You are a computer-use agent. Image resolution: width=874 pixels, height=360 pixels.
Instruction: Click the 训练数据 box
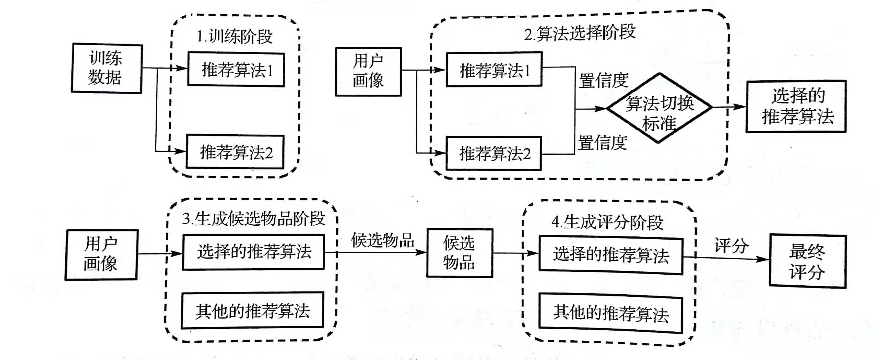click(107, 68)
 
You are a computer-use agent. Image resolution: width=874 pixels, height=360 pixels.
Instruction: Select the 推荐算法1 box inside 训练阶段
click(236, 70)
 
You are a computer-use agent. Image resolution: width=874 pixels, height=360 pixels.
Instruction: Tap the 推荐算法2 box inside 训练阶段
click(235, 152)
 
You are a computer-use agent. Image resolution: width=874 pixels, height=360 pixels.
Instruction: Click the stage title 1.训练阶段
click(235, 37)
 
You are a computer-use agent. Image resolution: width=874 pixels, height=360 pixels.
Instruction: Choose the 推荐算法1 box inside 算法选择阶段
click(494, 70)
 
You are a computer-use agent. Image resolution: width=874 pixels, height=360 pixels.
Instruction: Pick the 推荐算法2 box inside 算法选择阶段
click(494, 154)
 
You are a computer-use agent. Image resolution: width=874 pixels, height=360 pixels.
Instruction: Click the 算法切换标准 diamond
click(659, 108)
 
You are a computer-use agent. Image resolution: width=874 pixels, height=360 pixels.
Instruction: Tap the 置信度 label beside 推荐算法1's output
click(603, 81)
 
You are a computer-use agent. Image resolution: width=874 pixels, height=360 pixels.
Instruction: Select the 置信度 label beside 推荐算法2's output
click(602, 143)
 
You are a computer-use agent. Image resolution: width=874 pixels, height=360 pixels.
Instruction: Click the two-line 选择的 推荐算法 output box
click(796, 106)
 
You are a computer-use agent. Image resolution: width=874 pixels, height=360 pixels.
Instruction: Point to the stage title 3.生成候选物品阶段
click(253, 219)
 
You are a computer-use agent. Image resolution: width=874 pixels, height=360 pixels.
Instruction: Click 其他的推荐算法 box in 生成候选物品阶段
click(252, 310)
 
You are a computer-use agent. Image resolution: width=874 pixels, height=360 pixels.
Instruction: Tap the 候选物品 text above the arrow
click(382, 240)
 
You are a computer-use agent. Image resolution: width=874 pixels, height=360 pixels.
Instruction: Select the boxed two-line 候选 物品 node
click(459, 253)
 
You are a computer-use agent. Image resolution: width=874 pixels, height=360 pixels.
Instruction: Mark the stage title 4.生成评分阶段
click(607, 222)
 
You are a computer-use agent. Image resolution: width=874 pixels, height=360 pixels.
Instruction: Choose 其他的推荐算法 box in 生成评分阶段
click(611, 313)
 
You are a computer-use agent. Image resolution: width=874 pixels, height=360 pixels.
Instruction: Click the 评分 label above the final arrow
click(731, 246)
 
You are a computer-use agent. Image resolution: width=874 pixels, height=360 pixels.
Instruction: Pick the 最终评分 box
click(807, 261)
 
